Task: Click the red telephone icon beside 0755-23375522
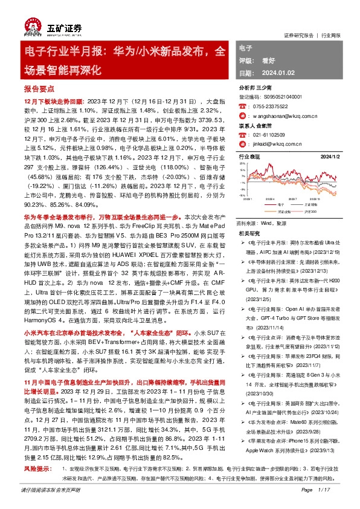click(243, 105)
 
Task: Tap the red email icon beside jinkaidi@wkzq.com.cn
click(243, 146)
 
